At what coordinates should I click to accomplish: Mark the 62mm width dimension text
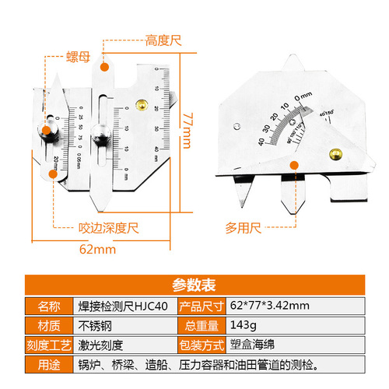[x=97, y=251]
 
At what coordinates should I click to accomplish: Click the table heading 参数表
[x=194, y=284]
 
